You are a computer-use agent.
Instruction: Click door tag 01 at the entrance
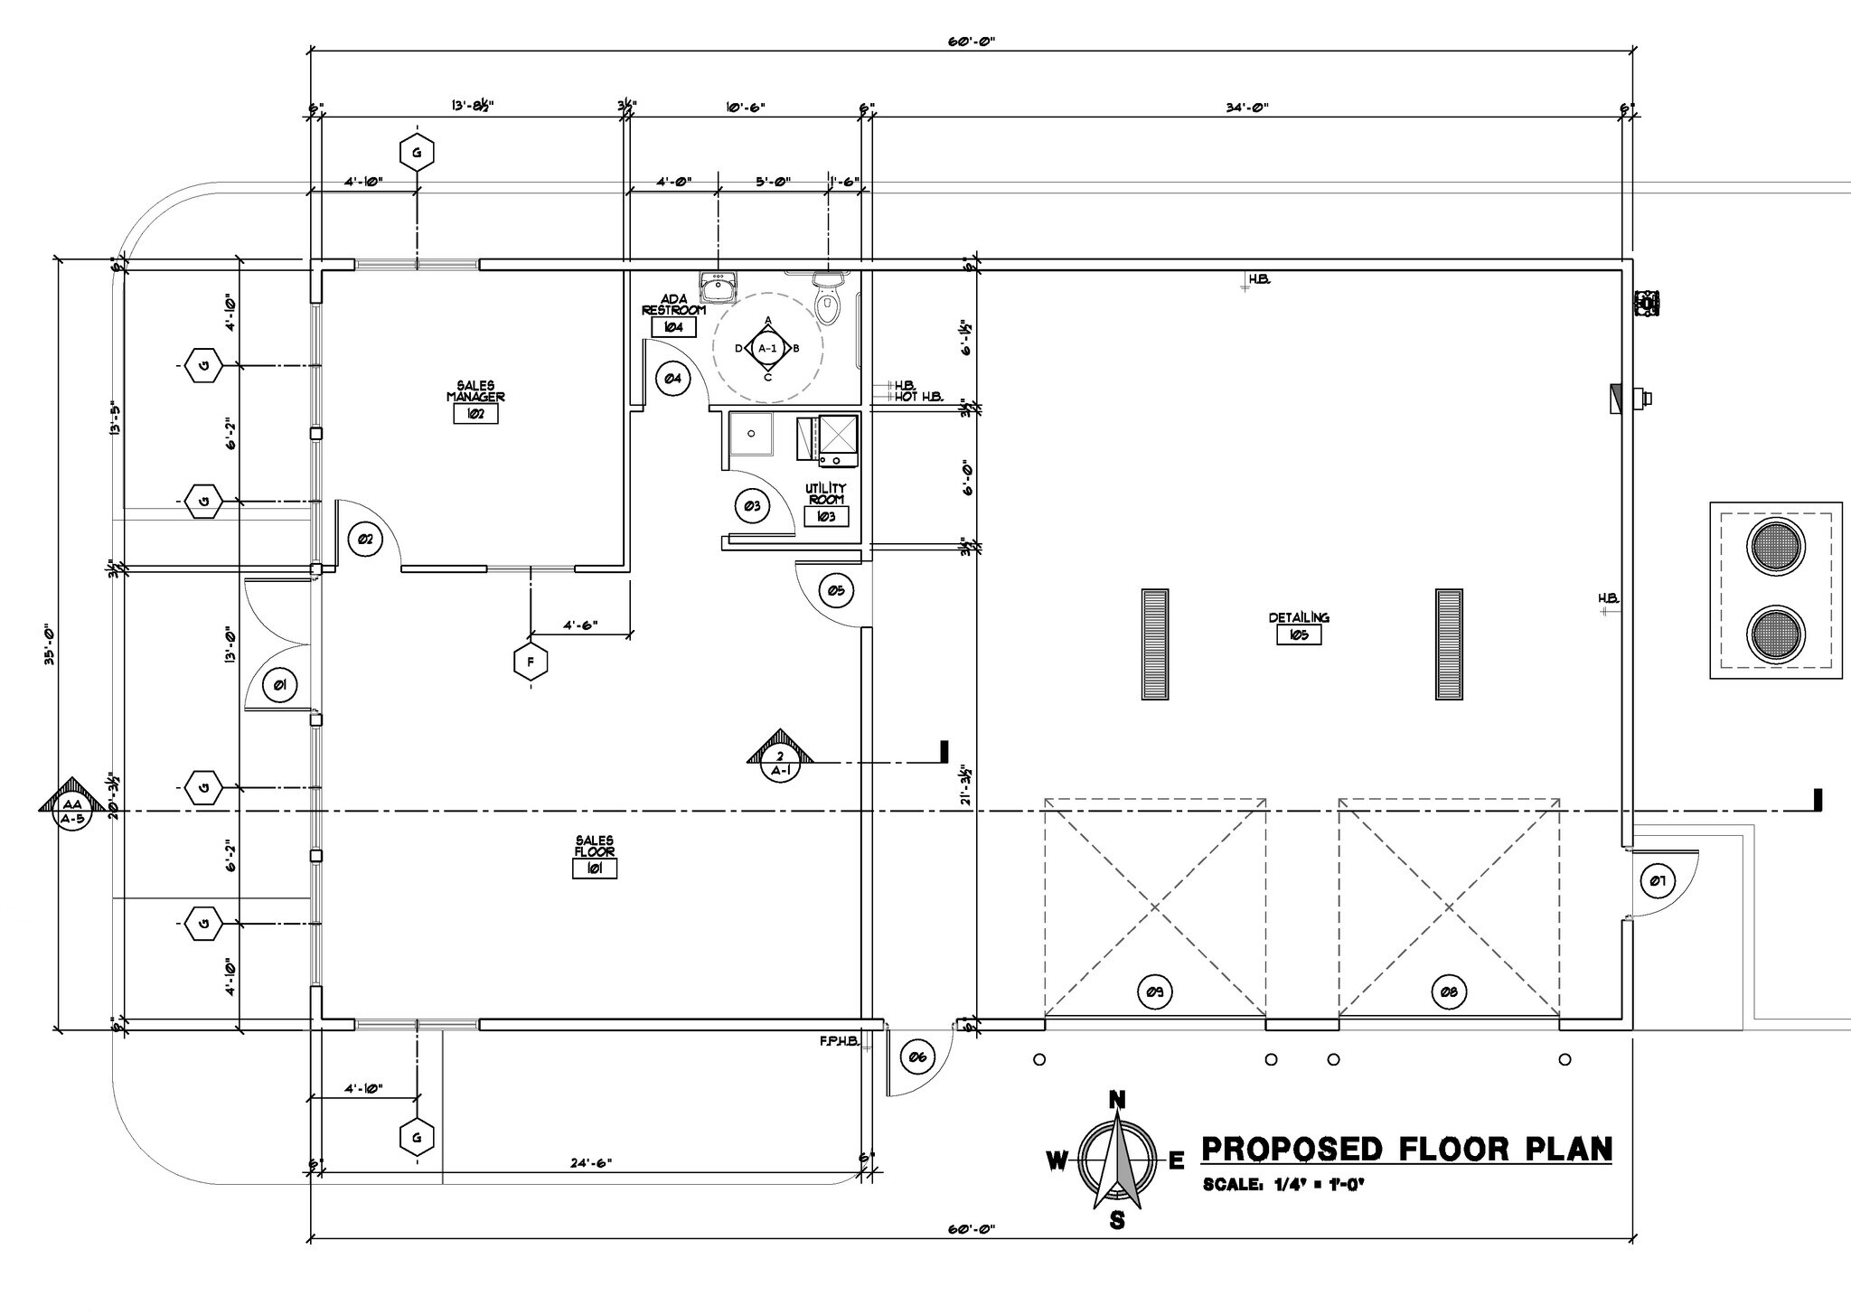278,686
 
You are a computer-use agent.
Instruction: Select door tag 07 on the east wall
1656,881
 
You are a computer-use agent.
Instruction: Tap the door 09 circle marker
1154,992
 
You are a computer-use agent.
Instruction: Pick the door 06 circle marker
916,1057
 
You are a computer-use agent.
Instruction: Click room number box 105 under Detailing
1299,635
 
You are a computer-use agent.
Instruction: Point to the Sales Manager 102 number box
475,414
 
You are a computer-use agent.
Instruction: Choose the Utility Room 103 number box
825,517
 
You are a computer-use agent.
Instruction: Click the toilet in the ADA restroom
828,298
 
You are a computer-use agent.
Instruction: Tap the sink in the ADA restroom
719,289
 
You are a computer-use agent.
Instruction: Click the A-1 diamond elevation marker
767,348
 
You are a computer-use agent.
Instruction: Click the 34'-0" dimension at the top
1247,108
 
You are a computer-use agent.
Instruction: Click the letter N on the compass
1117,1100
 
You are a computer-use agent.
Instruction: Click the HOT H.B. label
919,397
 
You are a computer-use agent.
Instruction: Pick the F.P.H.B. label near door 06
838,1040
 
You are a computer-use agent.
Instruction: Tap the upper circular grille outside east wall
1775,548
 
